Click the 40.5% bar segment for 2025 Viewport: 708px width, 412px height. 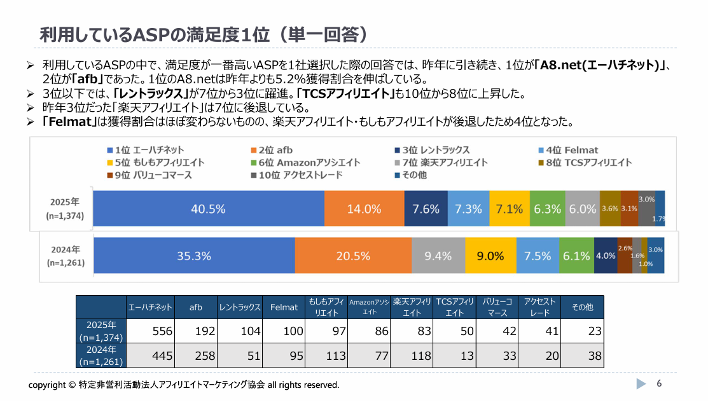[208, 209]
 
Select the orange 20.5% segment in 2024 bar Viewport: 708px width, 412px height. [352, 256]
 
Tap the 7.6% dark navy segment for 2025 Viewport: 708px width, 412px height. [426, 209]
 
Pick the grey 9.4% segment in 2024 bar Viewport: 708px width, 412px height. [438, 256]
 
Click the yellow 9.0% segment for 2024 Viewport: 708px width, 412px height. [490, 256]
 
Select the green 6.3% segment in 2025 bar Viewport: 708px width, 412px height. [547, 209]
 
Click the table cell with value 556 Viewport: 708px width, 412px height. [150, 331]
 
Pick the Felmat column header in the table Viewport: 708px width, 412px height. [284, 307]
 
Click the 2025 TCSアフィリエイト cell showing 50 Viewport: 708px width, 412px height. [454, 331]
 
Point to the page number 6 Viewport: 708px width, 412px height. [659, 383]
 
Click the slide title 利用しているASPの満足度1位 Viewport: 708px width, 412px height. [204, 34]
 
